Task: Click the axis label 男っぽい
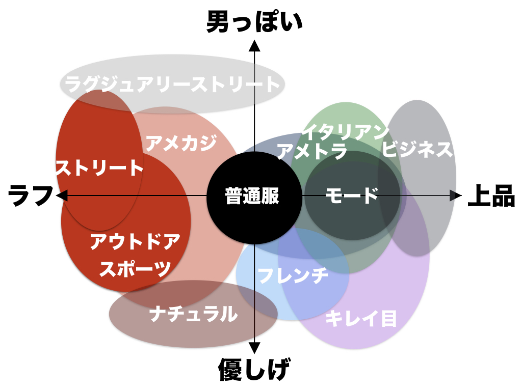[254, 23]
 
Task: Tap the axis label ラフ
[31, 196]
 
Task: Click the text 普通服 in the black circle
[253, 196]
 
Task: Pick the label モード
[352, 195]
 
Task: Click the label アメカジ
[181, 143]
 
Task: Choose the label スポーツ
[135, 268]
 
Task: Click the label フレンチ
[293, 275]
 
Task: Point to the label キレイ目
[361, 319]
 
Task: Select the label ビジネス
[417, 149]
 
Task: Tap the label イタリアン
[345, 132]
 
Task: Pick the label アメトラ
[312, 151]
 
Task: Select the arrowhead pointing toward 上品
[455, 195]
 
